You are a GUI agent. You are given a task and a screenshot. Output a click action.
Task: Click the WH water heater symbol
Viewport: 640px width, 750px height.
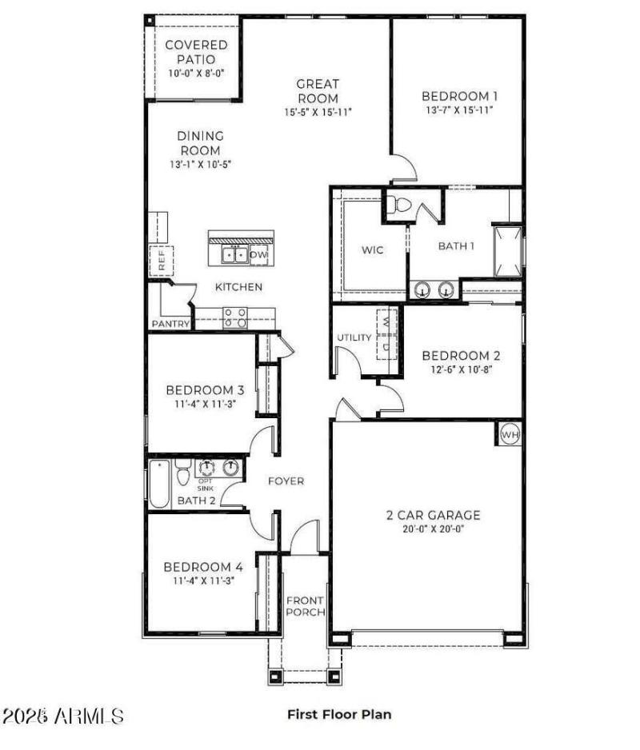pyautogui.click(x=510, y=434)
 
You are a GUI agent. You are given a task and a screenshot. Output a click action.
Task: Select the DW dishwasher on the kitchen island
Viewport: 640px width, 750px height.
pyautogui.click(x=258, y=255)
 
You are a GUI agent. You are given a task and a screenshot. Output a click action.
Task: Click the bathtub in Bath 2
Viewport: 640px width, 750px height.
pyautogui.click(x=160, y=483)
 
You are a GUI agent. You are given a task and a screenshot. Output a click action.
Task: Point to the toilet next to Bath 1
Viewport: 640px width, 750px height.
pyautogui.click(x=398, y=205)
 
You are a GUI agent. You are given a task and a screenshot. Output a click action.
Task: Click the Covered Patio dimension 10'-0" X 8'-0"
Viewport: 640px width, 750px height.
pyautogui.click(x=196, y=74)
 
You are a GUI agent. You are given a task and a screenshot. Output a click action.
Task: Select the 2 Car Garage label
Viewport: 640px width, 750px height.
pyautogui.click(x=433, y=515)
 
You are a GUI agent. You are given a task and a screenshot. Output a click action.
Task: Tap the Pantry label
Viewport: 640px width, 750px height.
pyautogui.click(x=170, y=324)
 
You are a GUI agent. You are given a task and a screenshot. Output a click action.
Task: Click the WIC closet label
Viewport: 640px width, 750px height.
pyautogui.click(x=372, y=250)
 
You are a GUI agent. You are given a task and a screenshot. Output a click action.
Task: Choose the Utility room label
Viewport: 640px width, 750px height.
pyautogui.click(x=353, y=337)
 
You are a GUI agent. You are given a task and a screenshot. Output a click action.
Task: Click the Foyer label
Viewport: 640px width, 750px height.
pyautogui.click(x=286, y=481)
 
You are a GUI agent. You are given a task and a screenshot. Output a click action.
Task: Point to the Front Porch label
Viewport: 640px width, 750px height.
pyautogui.click(x=306, y=606)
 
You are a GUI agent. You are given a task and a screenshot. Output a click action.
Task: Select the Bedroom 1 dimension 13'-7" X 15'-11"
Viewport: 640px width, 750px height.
pyautogui.click(x=458, y=110)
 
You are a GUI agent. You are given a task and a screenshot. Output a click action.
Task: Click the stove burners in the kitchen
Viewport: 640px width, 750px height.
pyautogui.click(x=235, y=317)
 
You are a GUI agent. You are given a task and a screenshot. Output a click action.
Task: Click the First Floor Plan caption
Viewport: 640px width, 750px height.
pyautogui.click(x=339, y=714)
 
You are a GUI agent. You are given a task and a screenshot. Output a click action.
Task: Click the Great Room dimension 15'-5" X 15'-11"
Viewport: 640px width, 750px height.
pyautogui.click(x=318, y=112)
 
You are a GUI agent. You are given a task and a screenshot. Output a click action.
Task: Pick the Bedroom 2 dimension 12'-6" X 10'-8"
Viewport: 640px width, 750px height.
pyautogui.click(x=461, y=369)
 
